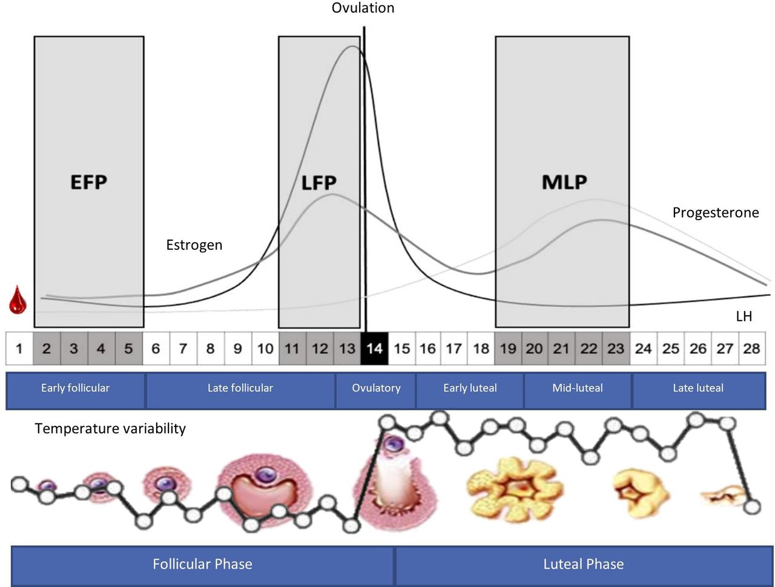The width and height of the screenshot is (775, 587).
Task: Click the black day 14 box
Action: (x=374, y=349)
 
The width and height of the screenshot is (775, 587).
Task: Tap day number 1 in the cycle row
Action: (x=19, y=349)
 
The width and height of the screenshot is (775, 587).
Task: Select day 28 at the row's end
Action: (x=751, y=349)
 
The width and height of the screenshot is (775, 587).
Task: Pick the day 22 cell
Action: (x=589, y=349)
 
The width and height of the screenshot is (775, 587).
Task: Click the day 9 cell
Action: (x=238, y=349)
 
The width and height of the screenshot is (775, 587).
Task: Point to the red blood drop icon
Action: (x=18, y=300)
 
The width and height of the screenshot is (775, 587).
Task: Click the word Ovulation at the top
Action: (x=363, y=8)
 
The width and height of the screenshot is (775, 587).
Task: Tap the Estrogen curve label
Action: (x=194, y=245)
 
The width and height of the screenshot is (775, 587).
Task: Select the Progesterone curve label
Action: (x=715, y=213)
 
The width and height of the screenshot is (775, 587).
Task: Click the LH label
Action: (x=744, y=316)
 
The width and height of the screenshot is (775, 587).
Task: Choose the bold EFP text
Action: (x=88, y=182)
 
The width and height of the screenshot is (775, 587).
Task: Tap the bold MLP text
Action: (x=564, y=182)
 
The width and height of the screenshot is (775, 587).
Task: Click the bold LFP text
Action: (x=319, y=182)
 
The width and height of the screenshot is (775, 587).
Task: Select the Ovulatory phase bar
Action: (x=376, y=389)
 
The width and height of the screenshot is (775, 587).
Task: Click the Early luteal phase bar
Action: (x=470, y=389)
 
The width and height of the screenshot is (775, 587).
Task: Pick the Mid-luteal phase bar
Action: (x=578, y=389)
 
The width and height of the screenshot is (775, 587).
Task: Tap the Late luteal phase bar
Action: (x=698, y=389)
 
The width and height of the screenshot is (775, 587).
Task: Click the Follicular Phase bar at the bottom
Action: (x=202, y=565)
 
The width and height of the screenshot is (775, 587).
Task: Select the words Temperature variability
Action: (x=110, y=428)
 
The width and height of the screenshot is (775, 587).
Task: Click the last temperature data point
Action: (x=752, y=506)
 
